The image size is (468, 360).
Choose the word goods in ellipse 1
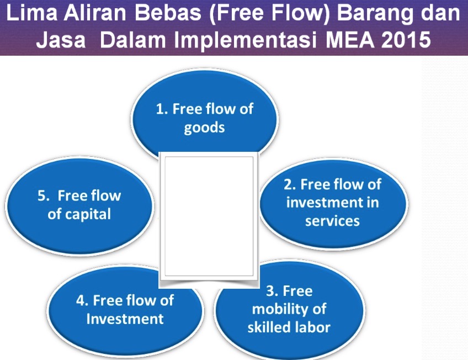pos(204,127)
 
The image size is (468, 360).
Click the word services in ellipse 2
pos(332,221)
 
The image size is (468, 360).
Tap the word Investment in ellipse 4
pos(125,319)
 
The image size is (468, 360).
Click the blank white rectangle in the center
pos(209,218)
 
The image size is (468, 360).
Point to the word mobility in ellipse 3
pos(289,309)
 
